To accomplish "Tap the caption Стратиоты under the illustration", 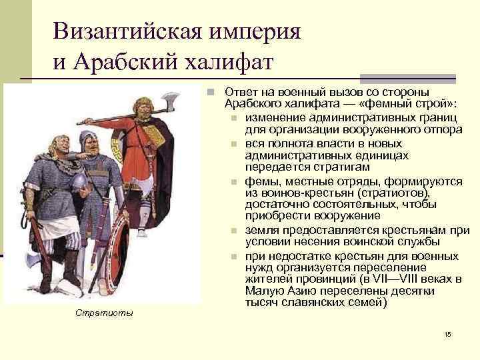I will [103, 313].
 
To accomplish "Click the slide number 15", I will [447, 333].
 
